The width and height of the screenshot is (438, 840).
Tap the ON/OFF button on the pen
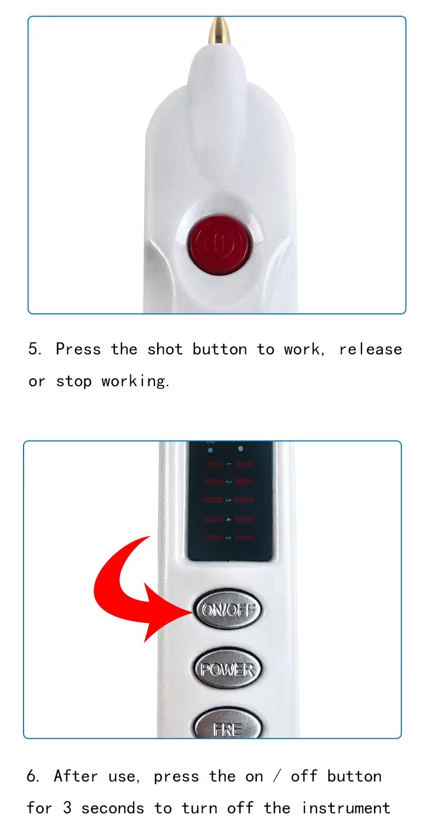coord(227,609)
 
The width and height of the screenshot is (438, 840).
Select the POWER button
coord(227,669)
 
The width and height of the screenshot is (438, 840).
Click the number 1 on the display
coord(228,464)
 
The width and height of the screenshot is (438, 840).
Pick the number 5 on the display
coord(228,538)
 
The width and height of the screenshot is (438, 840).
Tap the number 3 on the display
coord(228,500)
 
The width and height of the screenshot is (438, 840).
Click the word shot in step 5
coord(165,349)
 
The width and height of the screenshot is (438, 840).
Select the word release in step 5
coord(371,349)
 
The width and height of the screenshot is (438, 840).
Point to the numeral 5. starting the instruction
coord(34,349)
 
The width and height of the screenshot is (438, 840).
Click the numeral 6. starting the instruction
coord(33,776)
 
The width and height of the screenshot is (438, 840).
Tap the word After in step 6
coord(76,776)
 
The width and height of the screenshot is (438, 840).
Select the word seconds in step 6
coord(113,808)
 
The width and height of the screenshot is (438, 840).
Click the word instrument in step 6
coord(346,808)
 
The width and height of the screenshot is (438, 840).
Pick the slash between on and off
coord(277,776)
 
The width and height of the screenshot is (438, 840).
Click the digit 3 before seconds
coord(67,808)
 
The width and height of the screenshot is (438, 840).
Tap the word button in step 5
coord(220,349)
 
